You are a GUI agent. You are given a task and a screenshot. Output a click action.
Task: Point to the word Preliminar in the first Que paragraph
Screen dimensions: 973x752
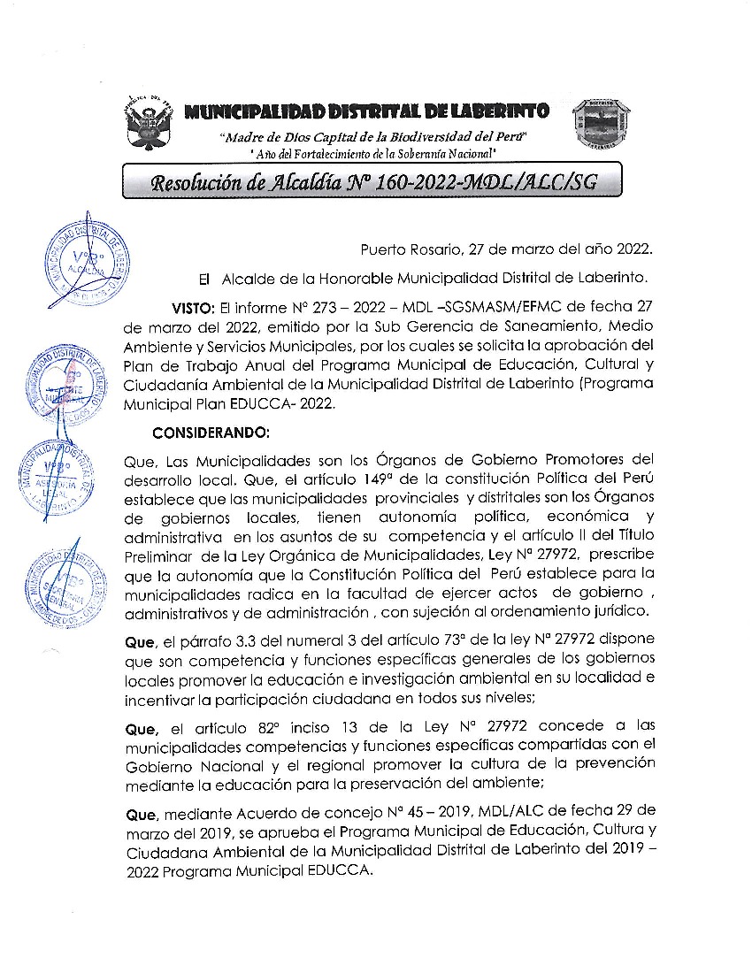pos(159,555)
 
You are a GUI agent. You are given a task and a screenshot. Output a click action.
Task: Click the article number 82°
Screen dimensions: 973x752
pos(265,727)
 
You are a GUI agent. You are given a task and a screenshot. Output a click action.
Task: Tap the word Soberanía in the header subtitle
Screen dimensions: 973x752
pos(406,154)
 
